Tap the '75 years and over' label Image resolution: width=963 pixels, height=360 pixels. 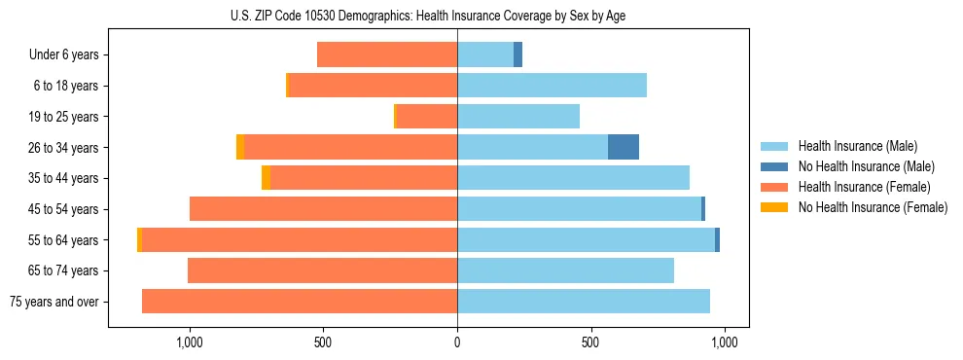[x=54, y=302]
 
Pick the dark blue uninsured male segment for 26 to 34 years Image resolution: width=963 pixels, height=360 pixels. [x=624, y=147]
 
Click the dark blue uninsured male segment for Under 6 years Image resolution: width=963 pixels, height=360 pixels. [x=517, y=55]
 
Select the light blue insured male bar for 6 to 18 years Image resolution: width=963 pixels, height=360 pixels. [x=552, y=86]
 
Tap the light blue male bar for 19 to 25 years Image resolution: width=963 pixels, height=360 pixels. [x=518, y=117]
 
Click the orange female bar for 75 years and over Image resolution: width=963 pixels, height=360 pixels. [x=300, y=302]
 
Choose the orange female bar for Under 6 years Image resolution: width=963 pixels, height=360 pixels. [x=387, y=55]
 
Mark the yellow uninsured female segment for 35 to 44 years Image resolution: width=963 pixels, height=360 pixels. [x=266, y=178]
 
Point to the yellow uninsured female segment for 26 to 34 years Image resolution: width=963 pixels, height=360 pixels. [x=240, y=147]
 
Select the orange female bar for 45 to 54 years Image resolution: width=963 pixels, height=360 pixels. [x=323, y=209]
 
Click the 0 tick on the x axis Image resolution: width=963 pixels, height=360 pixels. [x=457, y=342]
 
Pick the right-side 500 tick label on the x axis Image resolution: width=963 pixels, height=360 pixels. [x=590, y=342]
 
